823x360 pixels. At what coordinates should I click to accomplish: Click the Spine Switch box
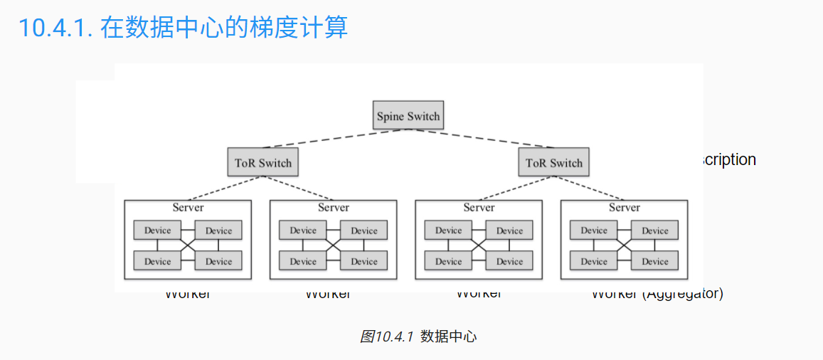tap(408, 115)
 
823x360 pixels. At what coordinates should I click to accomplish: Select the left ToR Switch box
tap(263, 162)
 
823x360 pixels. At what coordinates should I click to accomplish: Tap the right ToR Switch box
tap(554, 162)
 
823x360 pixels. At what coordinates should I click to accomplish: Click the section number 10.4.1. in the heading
tap(55, 28)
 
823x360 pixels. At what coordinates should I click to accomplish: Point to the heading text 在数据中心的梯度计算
tap(224, 28)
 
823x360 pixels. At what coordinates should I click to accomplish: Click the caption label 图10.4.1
tap(386, 337)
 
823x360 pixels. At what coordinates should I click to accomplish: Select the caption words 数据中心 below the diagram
tap(448, 337)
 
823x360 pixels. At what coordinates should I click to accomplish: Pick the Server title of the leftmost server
tap(188, 208)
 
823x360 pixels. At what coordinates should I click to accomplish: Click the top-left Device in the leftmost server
tap(157, 231)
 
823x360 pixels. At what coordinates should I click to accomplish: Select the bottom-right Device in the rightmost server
tap(654, 261)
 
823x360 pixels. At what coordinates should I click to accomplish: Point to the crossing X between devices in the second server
tap(333, 245)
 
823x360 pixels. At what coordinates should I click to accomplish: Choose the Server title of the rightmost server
tap(624, 208)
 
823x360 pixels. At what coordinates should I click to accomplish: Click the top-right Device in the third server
tap(509, 231)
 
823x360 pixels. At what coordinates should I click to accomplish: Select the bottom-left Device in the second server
tap(303, 261)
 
